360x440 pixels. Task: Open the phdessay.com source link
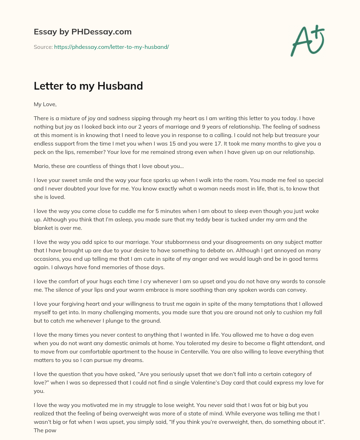pos(111,47)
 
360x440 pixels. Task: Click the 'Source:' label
pos(43,47)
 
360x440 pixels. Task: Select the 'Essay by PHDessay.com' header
pos(83,32)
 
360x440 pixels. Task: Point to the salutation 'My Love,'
pos(45,104)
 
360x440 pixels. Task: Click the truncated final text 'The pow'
pos(45,430)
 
